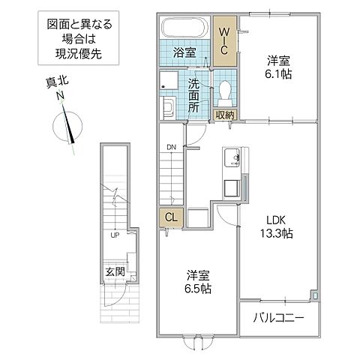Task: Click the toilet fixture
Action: (224, 90)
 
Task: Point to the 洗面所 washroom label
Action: (194, 95)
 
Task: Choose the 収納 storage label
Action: (224, 115)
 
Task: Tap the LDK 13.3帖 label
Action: (277, 226)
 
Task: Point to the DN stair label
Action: (170, 147)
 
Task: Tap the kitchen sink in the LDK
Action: (231, 158)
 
